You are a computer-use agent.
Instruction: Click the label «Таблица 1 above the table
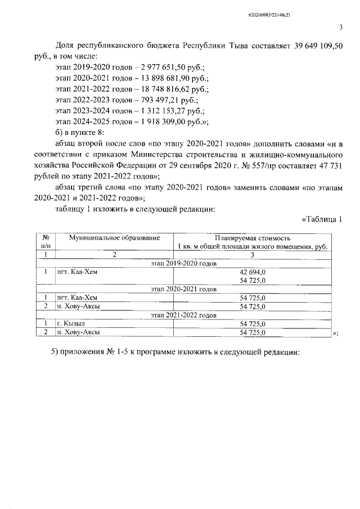[322, 219]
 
